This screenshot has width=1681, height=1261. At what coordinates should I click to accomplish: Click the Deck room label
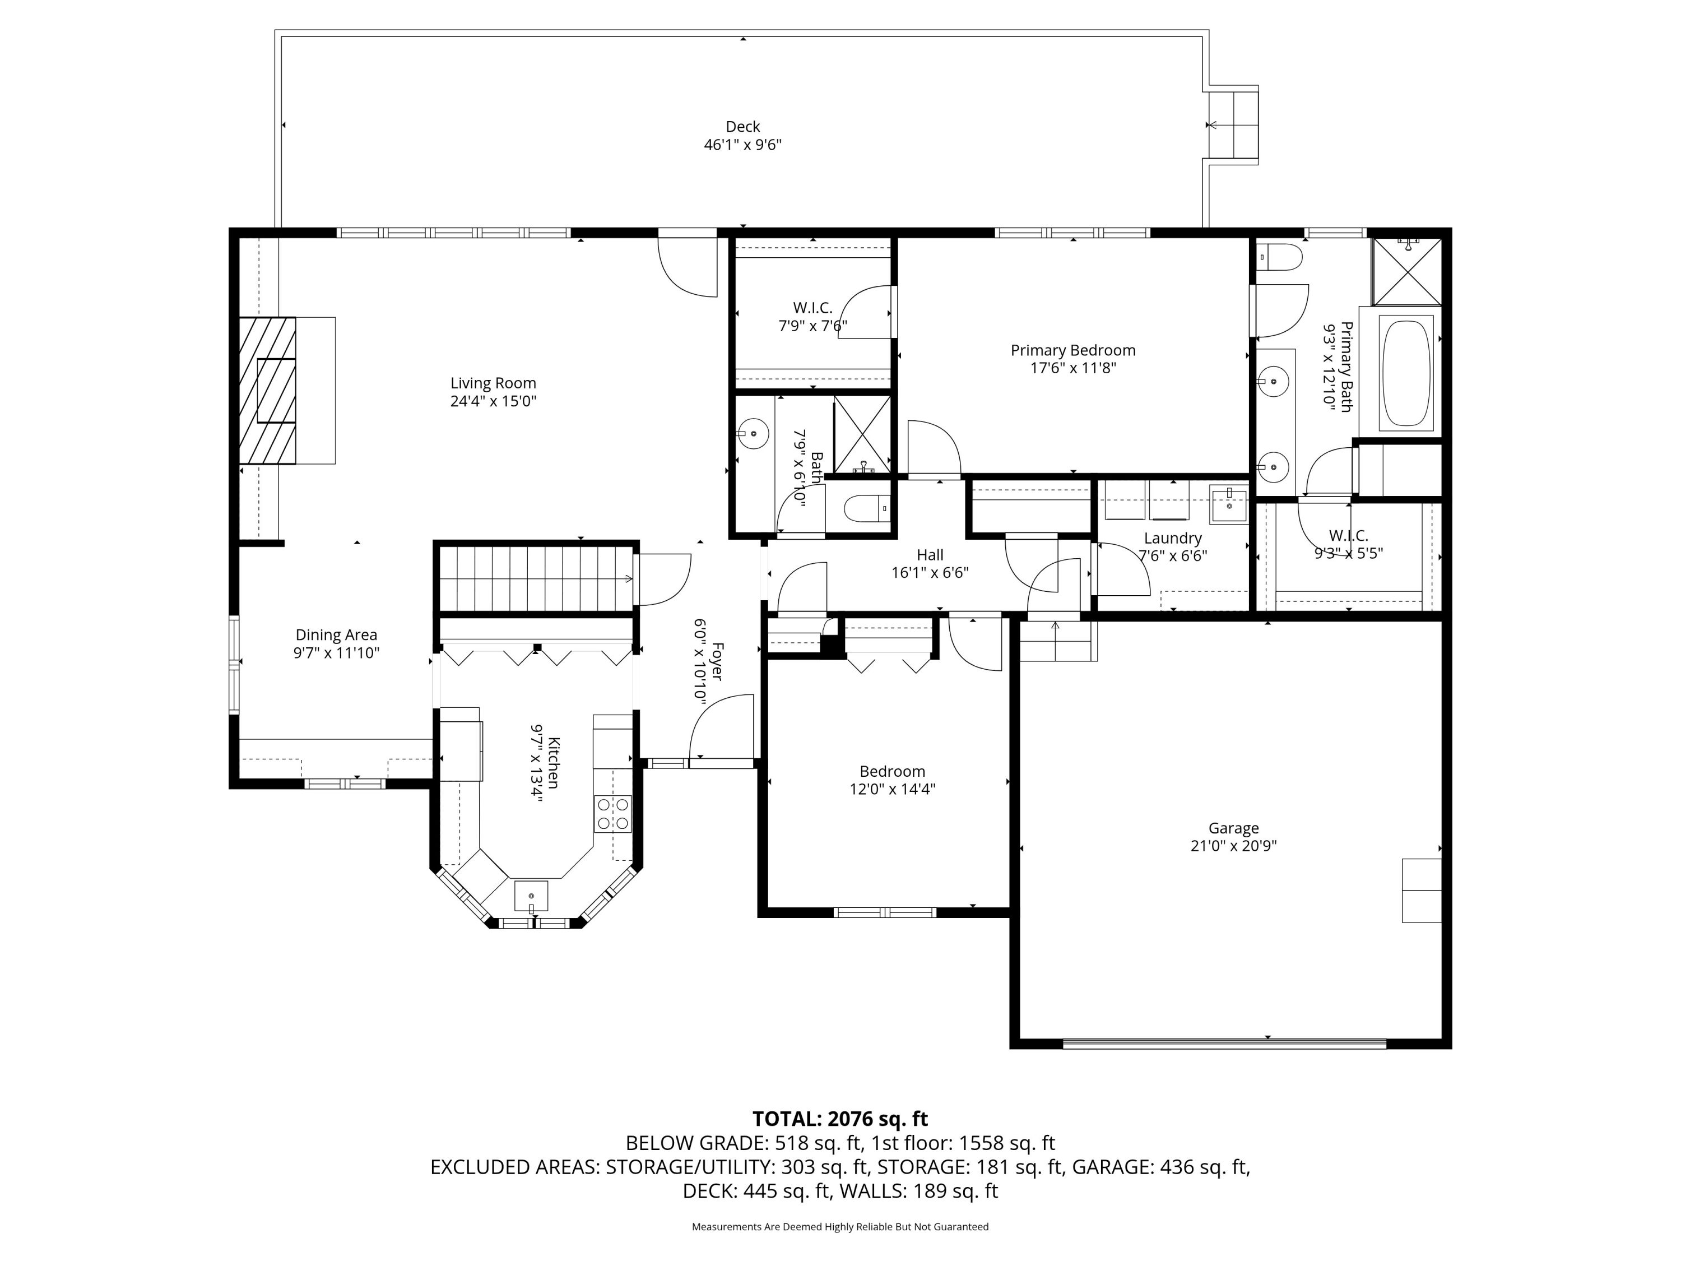742,127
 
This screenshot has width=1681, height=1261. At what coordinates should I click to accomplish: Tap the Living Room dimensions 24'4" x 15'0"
493,401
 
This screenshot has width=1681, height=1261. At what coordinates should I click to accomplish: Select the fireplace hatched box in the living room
267,390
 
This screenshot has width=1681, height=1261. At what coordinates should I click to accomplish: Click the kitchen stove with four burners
612,813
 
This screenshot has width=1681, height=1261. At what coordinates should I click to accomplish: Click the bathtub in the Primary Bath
1406,373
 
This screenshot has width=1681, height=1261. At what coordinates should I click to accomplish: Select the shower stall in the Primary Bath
1406,271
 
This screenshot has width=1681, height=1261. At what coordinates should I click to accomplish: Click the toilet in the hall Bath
866,508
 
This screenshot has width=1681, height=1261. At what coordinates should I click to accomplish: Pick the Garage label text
1233,828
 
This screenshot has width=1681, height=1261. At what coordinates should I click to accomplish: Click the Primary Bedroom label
1072,350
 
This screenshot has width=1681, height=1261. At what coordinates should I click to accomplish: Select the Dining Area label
336,634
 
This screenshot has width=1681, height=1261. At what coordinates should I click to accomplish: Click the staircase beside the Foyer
536,578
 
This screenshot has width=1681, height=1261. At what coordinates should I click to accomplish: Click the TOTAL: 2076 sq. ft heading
840,1119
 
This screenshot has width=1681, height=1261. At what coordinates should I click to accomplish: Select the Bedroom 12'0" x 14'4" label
892,772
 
